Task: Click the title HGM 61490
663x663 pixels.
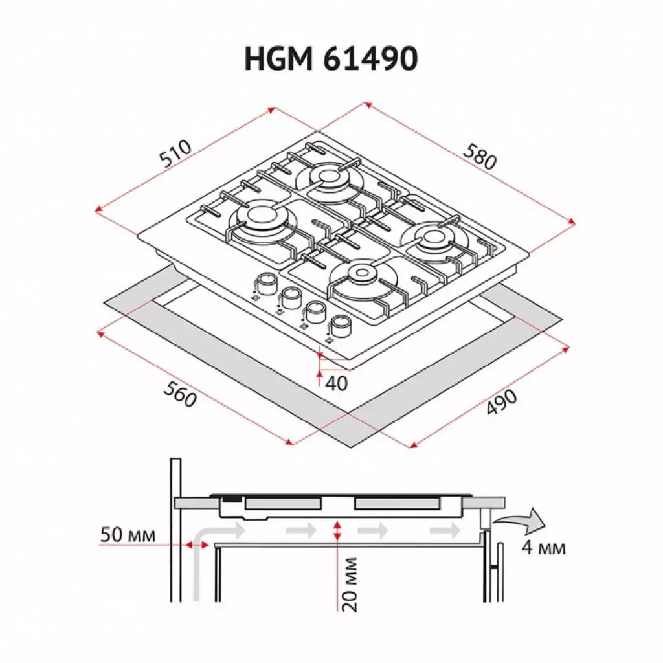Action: pos(331,60)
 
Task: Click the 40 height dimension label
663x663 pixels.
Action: pos(336,383)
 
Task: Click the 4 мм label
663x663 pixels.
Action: pos(543,548)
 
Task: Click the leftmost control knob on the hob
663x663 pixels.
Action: pos(265,282)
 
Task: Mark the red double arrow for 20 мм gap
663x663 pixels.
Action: pos(336,532)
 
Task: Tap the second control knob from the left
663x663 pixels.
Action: pos(290,296)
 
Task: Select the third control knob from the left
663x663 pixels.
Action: pos(315,310)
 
